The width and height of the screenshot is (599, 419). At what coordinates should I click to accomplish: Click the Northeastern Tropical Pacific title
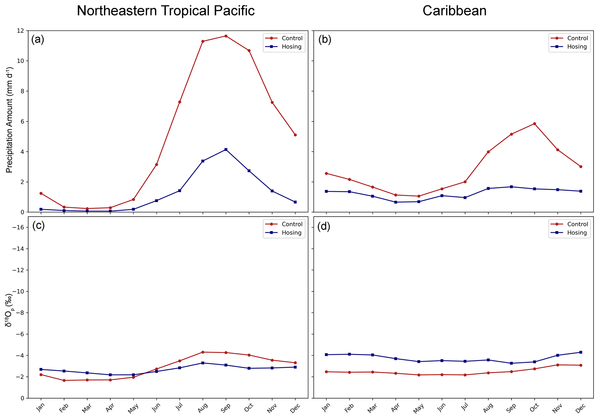(x=165, y=11)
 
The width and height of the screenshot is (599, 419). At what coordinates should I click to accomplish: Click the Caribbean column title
(x=454, y=11)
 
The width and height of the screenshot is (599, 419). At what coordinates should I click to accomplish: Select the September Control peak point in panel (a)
(x=226, y=36)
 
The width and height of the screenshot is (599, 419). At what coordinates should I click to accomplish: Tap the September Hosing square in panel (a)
(x=226, y=149)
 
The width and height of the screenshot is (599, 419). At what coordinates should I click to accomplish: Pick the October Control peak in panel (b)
(x=534, y=124)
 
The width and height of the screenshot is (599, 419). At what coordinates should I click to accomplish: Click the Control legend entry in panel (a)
(x=292, y=38)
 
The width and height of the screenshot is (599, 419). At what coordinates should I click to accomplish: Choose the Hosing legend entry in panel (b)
(x=577, y=47)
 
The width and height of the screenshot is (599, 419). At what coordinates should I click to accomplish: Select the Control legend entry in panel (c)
(x=292, y=224)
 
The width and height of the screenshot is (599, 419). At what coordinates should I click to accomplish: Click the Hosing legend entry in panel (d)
(x=577, y=233)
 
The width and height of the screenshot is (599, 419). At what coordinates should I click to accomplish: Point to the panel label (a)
(x=38, y=39)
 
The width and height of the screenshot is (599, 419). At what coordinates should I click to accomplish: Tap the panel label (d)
(x=323, y=227)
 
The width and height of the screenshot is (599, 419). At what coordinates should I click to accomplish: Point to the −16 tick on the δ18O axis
(x=19, y=227)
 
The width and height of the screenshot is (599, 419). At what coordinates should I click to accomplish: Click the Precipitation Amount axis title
(x=10, y=120)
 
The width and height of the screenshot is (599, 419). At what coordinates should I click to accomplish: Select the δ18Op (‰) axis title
(x=10, y=310)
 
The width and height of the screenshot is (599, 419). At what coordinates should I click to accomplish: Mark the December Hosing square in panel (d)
(x=581, y=352)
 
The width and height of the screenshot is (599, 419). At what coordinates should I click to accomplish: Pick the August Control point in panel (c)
(x=203, y=352)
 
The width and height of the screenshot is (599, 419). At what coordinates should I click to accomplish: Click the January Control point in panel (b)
(x=326, y=173)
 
